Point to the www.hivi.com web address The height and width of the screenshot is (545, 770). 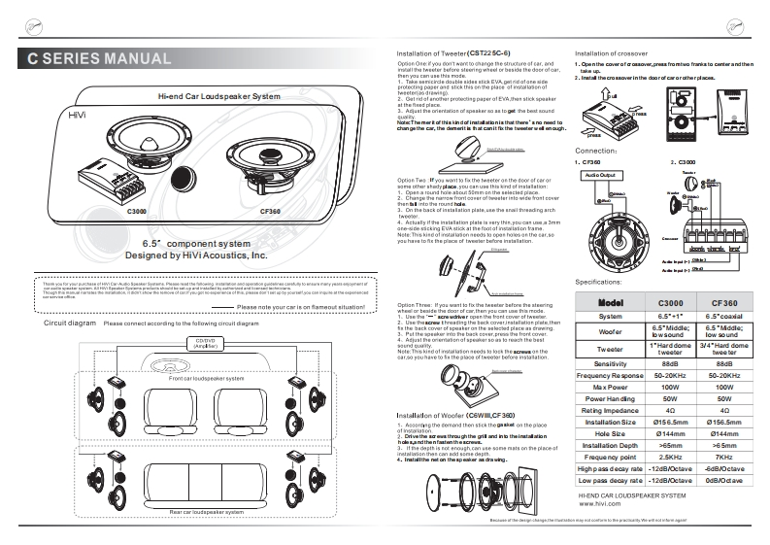click(599, 505)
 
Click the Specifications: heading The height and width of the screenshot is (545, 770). click(605, 281)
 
